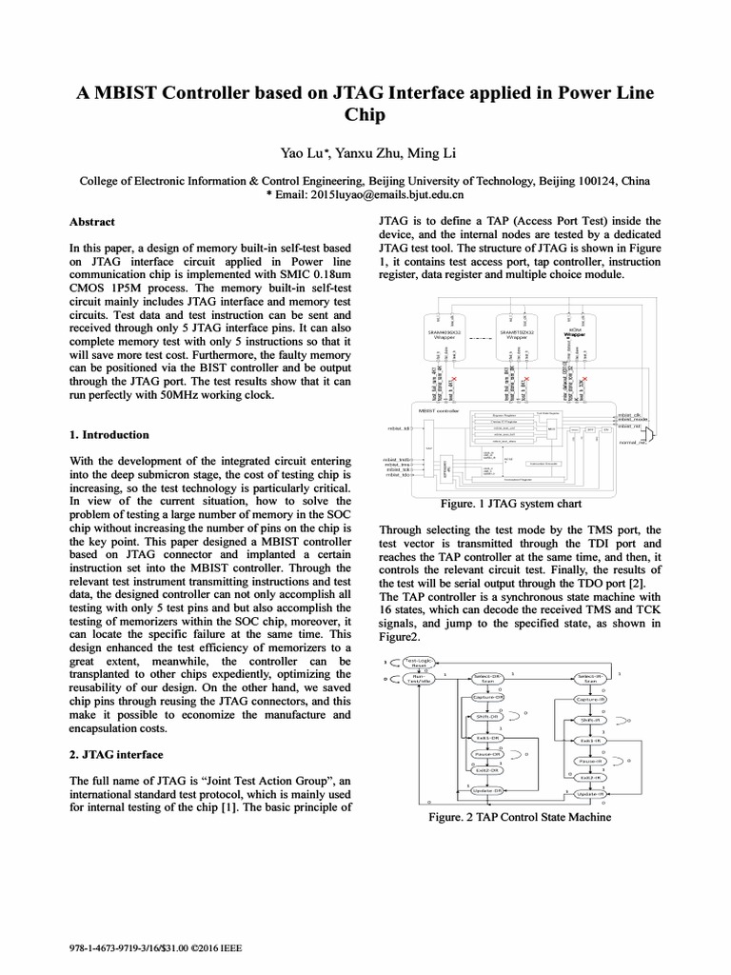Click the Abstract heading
pyautogui.click(x=92, y=222)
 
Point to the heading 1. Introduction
pyautogui.click(x=109, y=435)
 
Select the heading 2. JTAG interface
pyautogui.click(x=116, y=755)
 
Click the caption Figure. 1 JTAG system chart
pyautogui.click(x=512, y=503)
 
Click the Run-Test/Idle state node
pyautogui.click(x=422, y=679)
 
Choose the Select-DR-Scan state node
pyautogui.click(x=487, y=679)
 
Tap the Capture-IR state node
pyautogui.click(x=590, y=700)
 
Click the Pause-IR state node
pyautogui.click(x=590, y=761)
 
